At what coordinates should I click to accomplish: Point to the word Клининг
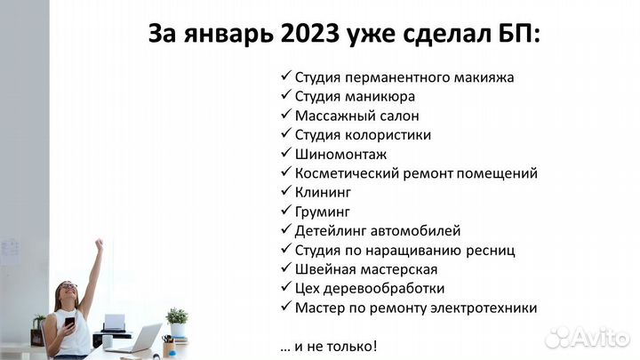tap(323, 192)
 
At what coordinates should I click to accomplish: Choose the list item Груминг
tap(322, 212)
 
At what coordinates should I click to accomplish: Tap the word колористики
tap(388, 135)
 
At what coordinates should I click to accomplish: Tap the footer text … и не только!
tap(328, 345)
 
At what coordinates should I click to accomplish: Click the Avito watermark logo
tap(588, 337)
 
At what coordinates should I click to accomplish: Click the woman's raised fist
tap(99, 244)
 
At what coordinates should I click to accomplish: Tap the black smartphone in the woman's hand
tap(69, 320)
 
